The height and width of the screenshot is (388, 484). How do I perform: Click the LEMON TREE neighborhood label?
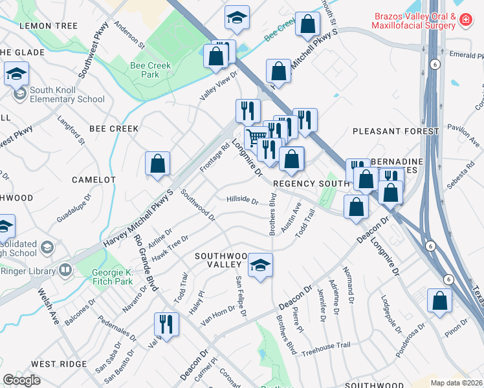(x=49, y=25)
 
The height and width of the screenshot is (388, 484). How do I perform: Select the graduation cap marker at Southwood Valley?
(x=260, y=266)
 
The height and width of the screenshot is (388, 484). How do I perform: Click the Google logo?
(x=22, y=380)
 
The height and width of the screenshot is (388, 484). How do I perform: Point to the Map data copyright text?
(x=456, y=383)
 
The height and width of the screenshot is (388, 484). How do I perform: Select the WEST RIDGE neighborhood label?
(x=58, y=364)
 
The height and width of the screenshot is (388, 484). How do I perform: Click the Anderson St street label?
(x=129, y=36)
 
